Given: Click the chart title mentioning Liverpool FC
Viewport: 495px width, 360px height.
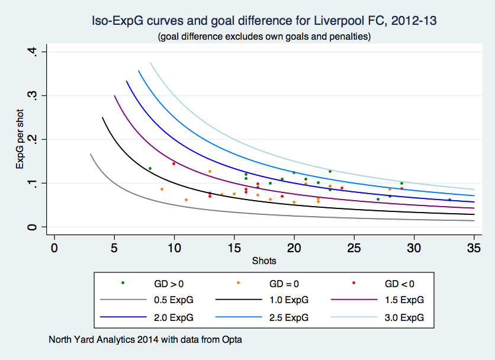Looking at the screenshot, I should tap(264, 21).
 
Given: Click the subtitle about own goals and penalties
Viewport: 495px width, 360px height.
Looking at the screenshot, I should tap(264, 37).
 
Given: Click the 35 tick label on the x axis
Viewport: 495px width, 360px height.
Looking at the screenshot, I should tap(474, 246).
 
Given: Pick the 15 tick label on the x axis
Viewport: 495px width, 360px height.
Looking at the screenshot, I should tap(234, 246).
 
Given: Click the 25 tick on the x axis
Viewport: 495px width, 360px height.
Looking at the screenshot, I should tap(354, 246).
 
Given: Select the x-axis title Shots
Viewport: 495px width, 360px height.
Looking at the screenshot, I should tap(264, 260).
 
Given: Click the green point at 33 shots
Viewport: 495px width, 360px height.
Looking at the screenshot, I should tap(449, 200).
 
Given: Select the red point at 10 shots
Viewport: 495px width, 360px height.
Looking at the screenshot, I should tap(173, 163).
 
